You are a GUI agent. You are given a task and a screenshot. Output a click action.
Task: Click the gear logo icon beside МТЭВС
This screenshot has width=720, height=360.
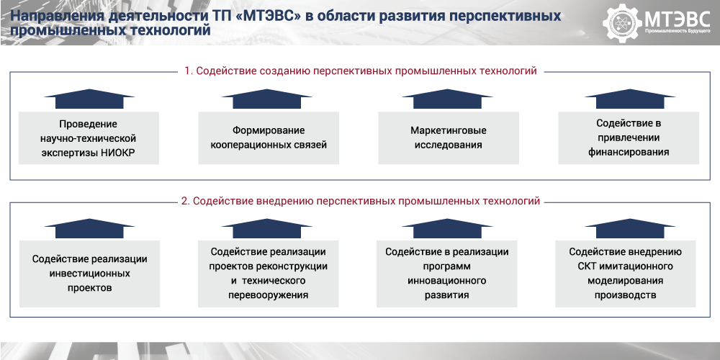(x=622, y=22)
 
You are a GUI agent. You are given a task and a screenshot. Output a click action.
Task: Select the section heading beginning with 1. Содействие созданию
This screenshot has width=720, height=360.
(x=361, y=71)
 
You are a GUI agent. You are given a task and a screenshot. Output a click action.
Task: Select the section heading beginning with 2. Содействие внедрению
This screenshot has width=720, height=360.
(x=361, y=201)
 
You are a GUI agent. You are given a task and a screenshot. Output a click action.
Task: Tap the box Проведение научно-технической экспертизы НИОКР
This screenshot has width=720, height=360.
(x=89, y=138)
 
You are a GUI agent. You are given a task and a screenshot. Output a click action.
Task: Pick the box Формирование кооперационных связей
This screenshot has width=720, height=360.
(x=269, y=138)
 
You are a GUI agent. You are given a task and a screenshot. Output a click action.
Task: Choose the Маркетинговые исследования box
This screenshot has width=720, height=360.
(x=449, y=138)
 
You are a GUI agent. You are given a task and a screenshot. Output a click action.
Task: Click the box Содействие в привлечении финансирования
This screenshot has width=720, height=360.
(x=629, y=138)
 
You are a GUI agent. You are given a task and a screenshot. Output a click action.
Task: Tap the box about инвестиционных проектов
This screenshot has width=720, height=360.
(x=89, y=274)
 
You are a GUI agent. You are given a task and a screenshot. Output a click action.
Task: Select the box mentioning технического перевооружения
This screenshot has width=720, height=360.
(x=268, y=274)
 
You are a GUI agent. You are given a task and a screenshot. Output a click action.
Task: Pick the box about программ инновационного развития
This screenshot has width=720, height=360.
(x=447, y=274)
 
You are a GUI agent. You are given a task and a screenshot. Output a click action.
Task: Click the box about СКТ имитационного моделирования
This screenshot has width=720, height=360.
(x=626, y=274)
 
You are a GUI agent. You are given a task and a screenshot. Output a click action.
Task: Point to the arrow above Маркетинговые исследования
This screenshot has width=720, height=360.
(x=447, y=99)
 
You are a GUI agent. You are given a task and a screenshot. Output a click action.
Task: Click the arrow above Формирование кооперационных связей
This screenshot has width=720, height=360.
(x=267, y=99)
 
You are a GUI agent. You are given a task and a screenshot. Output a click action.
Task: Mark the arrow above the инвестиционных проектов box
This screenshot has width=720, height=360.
(x=89, y=229)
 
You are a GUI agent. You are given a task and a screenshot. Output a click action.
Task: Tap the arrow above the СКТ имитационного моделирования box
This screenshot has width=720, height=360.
(x=630, y=229)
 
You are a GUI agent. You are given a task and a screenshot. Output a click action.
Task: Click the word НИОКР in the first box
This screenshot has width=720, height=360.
(x=119, y=153)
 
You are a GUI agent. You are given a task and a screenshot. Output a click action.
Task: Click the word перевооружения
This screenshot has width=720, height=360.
(x=268, y=294)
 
